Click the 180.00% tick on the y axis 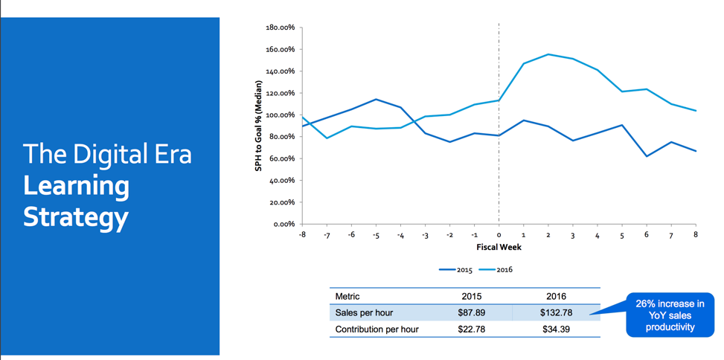coord(280,28)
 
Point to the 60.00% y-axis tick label coord(281,158)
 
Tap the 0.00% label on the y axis coord(283,224)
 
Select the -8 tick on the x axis coord(302,235)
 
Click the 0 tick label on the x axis coord(499,235)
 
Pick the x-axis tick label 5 coord(622,235)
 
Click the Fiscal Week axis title coord(499,247)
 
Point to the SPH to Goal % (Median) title coord(259,126)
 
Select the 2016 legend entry coord(499,270)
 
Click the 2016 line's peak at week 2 coord(548,54)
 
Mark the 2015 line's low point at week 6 coord(647,156)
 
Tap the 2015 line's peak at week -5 coord(376,99)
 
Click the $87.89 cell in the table coord(471,312)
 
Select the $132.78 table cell coord(556,312)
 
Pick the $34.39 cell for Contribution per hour coord(556,329)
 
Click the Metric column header coord(347,296)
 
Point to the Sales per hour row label coord(365,312)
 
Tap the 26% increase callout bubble coord(670,315)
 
